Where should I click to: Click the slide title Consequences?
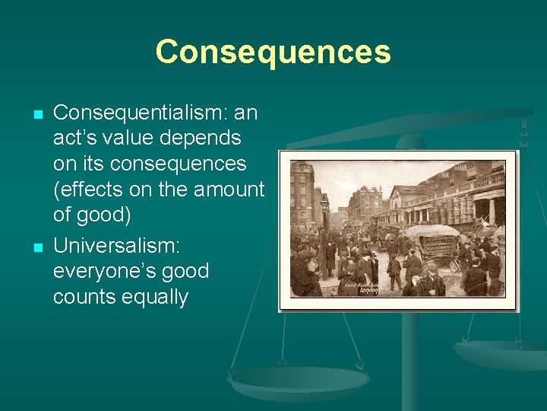click(x=273, y=53)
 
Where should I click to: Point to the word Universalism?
click(x=124, y=245)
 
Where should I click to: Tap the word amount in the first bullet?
click(x=229, y=190)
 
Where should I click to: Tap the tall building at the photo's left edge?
click(x=302, y=198)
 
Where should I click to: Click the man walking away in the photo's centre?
click(x=393, y=270)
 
